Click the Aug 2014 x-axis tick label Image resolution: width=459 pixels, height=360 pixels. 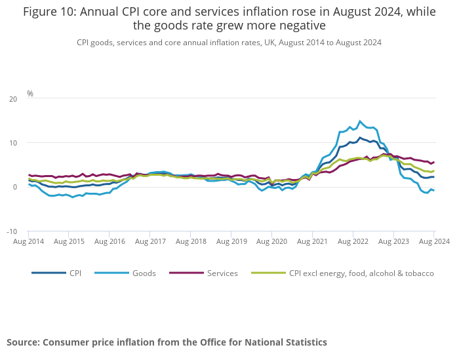click(28, 242)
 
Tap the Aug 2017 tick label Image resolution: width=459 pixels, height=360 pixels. click(150, 242)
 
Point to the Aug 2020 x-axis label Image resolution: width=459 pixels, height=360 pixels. click(271, 242)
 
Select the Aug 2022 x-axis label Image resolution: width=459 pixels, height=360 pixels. click(353, 242)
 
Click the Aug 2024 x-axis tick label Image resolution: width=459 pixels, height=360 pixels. click(434, 242)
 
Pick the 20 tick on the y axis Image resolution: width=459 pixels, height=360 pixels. click(13, 99)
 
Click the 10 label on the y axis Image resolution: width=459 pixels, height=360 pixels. click(13, 143)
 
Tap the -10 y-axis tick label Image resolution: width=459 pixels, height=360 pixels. click(12, 231)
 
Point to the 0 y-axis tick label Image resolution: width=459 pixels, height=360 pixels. click(15, 188)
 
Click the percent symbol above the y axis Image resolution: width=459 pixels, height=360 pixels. click(30, 94)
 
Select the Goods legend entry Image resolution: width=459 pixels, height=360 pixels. click(143, 273)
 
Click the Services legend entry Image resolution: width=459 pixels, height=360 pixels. click(222, 273)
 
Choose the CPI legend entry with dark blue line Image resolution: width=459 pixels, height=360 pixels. click(75, 273)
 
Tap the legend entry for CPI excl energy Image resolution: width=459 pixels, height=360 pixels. click(361, 273)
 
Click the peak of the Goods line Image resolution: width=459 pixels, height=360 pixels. click(360, 121)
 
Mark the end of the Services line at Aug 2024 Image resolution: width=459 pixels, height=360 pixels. click(434, 162)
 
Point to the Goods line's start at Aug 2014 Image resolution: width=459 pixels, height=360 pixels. click(29, 184)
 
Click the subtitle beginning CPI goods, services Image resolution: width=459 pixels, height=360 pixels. click(229, 42)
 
